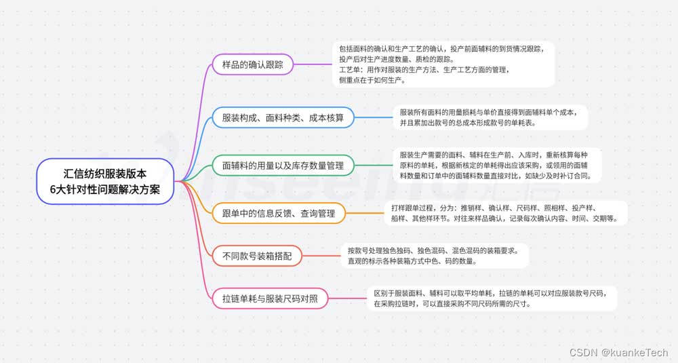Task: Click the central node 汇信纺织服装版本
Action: pyautogui.click(x=106, y=180)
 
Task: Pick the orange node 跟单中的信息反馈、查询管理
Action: pyautogui.click(x=279, y=213)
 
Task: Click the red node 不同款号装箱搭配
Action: pyautogui.click(x=257, y=256)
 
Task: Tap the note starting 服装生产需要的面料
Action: pyautogui.click(x=495, y=165)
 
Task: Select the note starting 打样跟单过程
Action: pyautogui.click(x=505, y=213)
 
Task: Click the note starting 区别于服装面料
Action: pyautogui.click(x=492, y=297)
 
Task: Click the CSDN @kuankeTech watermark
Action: pyautogui.click(x=618, y=352)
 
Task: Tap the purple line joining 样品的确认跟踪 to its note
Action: pyautogui.click(x=313, y=65)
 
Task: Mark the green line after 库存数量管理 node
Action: pyautogui.click(x=374, y=165)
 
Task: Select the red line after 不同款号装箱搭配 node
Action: pyautogui.click(x=320, y=256)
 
